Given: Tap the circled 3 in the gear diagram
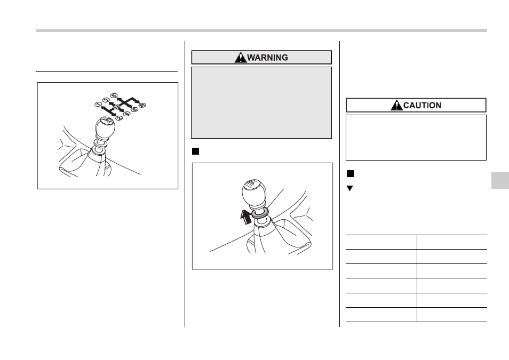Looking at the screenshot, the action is [x=106, y=100].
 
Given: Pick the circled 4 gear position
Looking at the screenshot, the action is [x=126, y=114].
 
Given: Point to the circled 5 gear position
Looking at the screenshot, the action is [x=113, y=95].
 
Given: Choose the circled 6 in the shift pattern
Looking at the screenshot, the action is [x=134, y=109].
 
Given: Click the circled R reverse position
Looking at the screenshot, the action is [x=142, y=105].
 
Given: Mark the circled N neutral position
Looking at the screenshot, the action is [x=117, y=107].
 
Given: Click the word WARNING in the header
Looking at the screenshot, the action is [x=267, y=58].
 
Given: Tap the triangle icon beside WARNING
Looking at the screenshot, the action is [x=241, y=57].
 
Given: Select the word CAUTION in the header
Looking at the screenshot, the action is [x=423, y=106].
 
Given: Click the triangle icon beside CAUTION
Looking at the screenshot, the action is [x=396, y=105].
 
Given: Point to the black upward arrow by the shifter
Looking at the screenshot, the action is [x=246, y=217].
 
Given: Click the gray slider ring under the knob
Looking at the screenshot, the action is [x=260, y=213].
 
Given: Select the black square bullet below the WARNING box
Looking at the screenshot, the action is [x=195, y=151].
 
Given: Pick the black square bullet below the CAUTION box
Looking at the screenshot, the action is [x=350, y=174].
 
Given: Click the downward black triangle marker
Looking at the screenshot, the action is [x=350, y=188].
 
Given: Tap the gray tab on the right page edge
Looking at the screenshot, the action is [x=500, y=180].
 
